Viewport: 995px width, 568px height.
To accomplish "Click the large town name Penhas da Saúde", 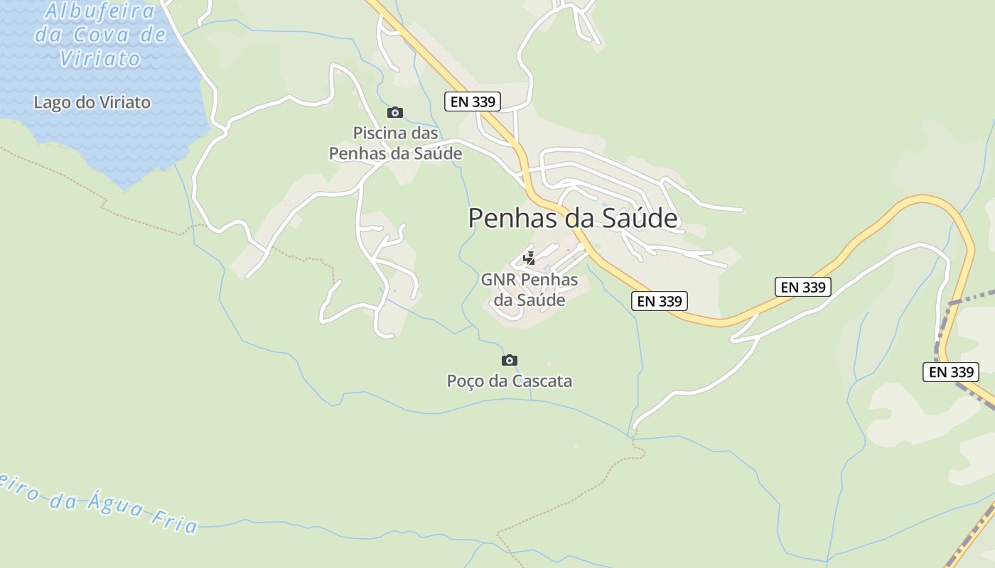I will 572,218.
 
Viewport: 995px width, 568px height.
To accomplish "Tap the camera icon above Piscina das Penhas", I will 395,112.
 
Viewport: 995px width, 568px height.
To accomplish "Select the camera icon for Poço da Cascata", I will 510,360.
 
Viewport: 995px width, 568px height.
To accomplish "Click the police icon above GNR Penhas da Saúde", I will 529,258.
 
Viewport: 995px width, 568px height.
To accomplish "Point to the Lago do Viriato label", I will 92,102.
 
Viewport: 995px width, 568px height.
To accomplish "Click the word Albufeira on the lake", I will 99,11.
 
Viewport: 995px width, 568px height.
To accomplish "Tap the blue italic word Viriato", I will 100,58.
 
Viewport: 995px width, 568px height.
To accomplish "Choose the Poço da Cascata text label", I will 509,381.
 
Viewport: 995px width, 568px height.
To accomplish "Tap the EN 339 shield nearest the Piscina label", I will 473,102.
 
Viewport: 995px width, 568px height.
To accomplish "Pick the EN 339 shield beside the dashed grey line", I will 951,371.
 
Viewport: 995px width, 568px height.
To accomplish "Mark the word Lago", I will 52,102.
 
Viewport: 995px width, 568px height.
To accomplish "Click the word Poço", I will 465,381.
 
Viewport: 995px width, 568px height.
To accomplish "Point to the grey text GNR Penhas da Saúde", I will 529,290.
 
